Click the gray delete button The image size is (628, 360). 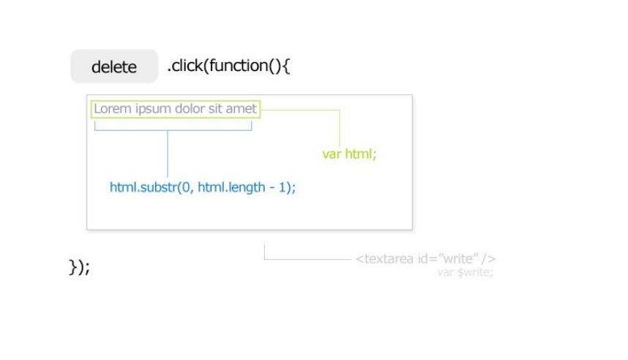pyautogui.click(x=114, y=66)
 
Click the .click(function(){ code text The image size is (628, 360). pyautogui.click(x=228, y=66)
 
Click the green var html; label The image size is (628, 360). pyautogui.click(x=349, y=154)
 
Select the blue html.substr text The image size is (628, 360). pyautogui.click(x=143, y=187)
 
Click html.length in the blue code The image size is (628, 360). pyautogui.click(x=231, y=187)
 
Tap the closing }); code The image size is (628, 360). pyautogui.click(x=79, y=267)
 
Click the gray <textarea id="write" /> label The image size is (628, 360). pyautogui.click(x=425, y=259)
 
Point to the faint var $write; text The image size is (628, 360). pyautogui.click(x=465, y=272)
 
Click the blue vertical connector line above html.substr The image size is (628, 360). pyautogui.click(x=168, y=154)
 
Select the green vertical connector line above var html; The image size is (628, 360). pyautogui.click(x=340, y=129)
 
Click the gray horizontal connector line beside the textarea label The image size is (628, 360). pyautogui.click(x=307, y=260)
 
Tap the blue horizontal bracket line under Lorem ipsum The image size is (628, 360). pyautogui.click(x=173, y=130)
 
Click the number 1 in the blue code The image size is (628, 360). pyautogui.click(x=282, y=187)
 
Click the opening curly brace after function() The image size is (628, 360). pyautogui.click(x=286, y=66)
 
